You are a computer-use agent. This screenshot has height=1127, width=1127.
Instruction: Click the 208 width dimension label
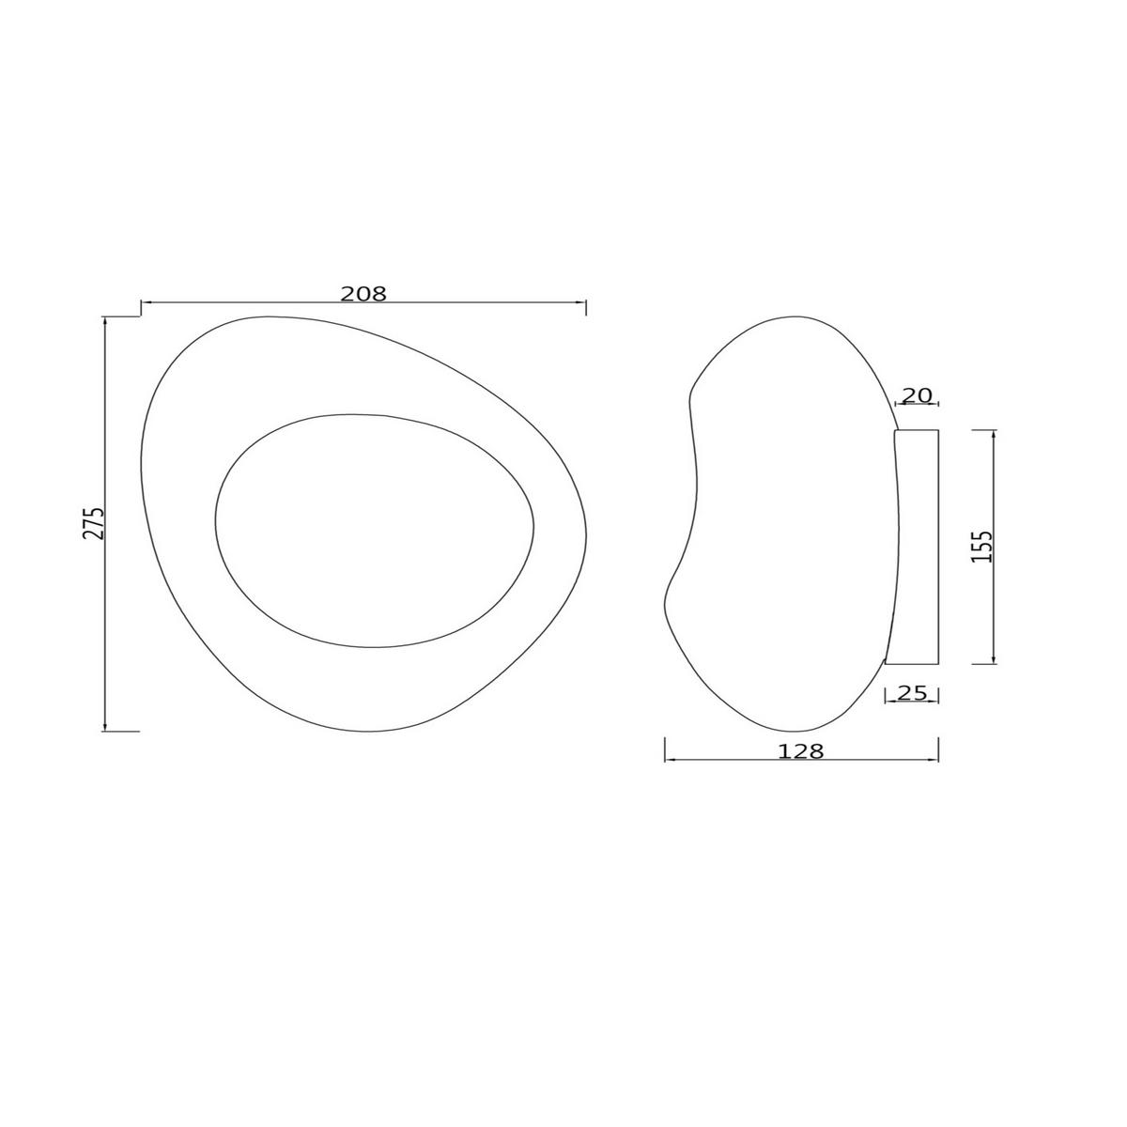tap(363, 293)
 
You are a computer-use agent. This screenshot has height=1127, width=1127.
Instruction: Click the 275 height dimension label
tap(93, 522)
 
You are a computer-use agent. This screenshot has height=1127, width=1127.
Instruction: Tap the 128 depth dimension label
tap(801, 751)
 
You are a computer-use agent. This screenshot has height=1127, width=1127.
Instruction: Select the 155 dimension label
tap(981, 547)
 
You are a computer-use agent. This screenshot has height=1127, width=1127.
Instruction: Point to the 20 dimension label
tap(918, 395)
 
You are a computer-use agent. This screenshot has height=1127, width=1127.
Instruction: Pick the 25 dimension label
tap(912, 693)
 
